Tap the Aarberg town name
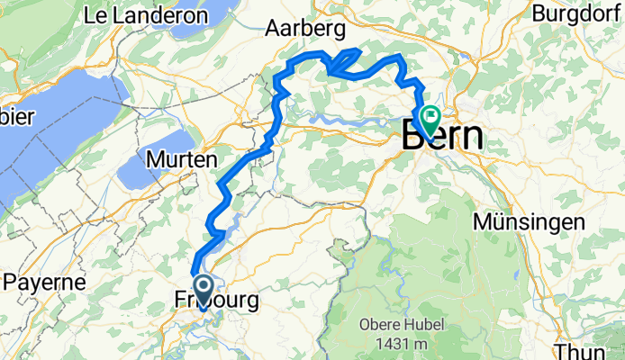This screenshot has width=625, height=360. pos(306,29)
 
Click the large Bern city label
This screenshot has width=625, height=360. pos(441,138)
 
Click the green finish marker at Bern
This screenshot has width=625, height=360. pos(428,116)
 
